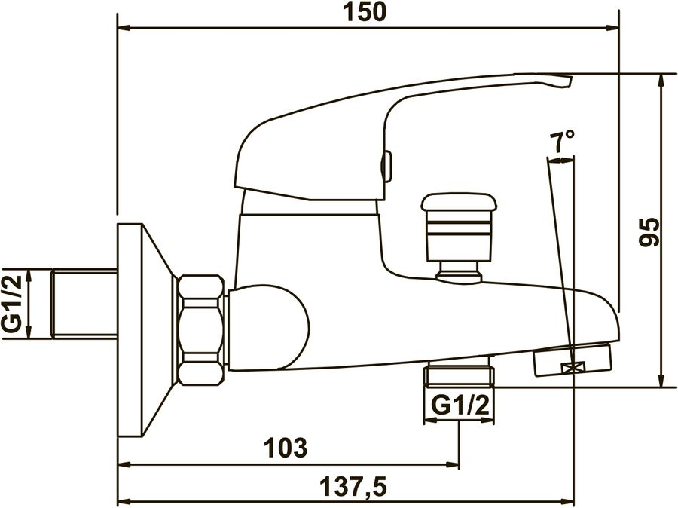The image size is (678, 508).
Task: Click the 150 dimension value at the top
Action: [x=365, y=13]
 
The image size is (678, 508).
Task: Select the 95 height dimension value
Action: [x=650, y=232]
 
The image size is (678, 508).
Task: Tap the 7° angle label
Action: [x=562, y=141]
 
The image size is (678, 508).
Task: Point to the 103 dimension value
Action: [x=286, y=448]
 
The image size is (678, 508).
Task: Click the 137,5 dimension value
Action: [x=353, y=487]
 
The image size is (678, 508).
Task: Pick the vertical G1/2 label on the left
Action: [x=13, y=304]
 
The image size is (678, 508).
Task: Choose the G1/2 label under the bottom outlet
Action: [x=460, y=406]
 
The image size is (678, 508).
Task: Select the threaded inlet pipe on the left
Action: [x=84, y=304]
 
